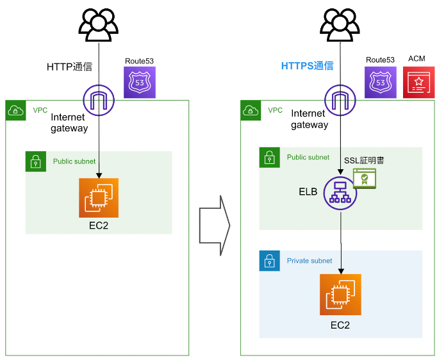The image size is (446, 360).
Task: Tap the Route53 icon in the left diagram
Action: click(x=139, y=82)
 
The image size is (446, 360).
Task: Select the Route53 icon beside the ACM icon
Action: click(x=381, y=82)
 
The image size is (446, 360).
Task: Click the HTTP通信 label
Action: click(x=69, y=67)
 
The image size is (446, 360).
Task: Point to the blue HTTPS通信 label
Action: click(x=308, y=66)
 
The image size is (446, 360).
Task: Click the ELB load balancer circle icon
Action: click(x=340, y=192)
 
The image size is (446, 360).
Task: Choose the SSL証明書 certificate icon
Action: click(x=365, y=177)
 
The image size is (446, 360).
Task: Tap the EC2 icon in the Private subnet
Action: click(x=340, y=295)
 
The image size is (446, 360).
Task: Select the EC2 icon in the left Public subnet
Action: click(x=99, y=198)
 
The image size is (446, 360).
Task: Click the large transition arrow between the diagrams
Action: click(x=214, y=225)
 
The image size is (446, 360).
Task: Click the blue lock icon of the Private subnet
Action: click(x=269, y=261)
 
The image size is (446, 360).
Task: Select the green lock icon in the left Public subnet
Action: click(x=35, y=161)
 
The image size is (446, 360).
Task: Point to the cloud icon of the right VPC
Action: click(x=250, y=111)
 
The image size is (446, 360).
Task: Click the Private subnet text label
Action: click(x=310, y=261)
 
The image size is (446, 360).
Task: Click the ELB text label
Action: click(x=308, y=192)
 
